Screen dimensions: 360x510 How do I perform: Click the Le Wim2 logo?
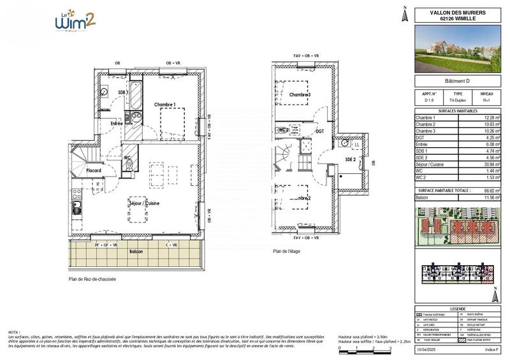coord(75,21)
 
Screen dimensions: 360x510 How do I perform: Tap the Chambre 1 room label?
coord(165,104)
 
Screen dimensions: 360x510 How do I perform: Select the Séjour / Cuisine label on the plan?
coord(144,203)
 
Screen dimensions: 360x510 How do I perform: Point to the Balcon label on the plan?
coord(135,252)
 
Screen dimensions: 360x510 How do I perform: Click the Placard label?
coord(94,171)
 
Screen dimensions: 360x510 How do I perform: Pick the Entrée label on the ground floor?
coord(117,123)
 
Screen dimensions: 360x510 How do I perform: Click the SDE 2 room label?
coord(350,159)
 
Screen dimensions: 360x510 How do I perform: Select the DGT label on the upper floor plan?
coord(320,131)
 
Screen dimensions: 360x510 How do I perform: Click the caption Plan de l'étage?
coord(286,251)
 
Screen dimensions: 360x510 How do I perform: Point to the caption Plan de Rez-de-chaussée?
coord(92,279)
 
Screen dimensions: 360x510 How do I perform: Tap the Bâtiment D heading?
coord(457,81)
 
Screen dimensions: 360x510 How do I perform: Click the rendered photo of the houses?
coord(457,48)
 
